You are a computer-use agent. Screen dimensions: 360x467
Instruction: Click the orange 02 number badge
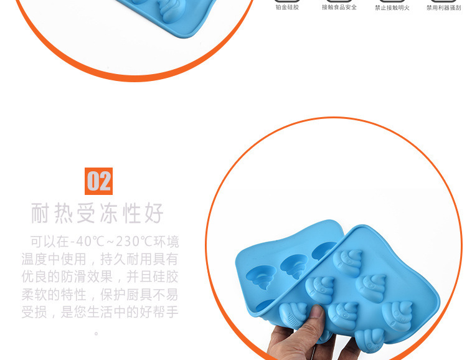click(x=98, y=181)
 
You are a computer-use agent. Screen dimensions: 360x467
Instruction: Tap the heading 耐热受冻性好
click(x=98, y=214)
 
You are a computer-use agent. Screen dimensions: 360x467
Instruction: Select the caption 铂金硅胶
click(x=287, y=7)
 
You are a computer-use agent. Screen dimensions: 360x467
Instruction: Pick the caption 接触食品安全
click(x=339, y=7)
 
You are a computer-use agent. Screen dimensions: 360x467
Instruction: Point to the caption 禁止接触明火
click(x=392, y=7)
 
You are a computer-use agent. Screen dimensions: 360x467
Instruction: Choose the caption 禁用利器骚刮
click(x=443, y=7)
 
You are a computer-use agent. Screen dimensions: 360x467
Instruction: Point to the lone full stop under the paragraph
click(x=97, y=333)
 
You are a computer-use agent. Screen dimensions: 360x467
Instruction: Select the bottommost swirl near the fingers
click(x=367, y=339)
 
